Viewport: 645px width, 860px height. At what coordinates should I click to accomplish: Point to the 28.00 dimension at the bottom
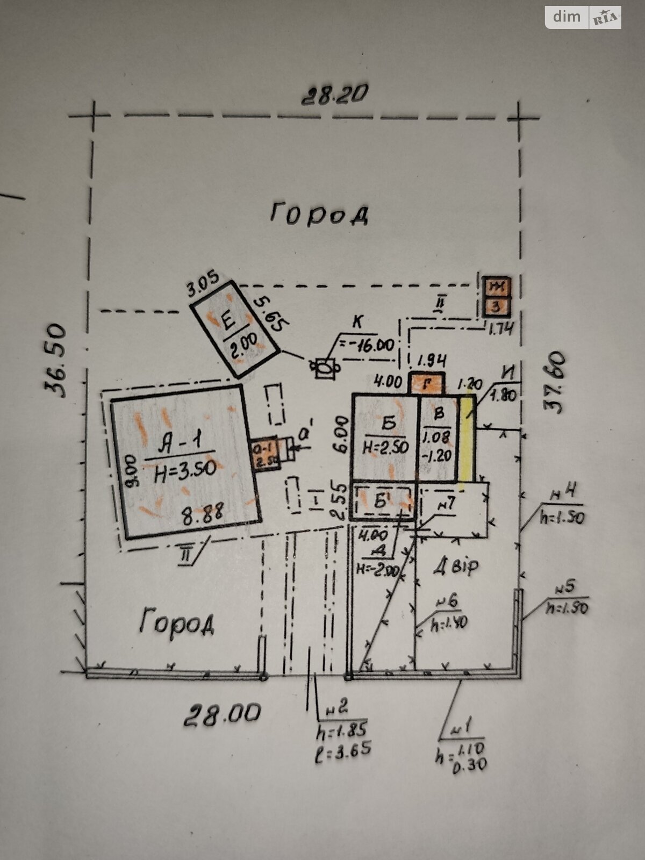(x=223, y=714)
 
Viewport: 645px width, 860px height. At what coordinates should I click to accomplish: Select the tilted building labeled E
(x=235, y=329)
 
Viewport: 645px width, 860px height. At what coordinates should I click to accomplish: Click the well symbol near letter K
(x=324, y=368)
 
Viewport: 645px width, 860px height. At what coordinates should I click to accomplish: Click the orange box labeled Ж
(x=497, y=288)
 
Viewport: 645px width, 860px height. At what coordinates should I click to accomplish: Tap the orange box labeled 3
(x=497, y=307)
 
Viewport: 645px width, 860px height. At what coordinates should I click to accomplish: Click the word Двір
(x=456, y=566)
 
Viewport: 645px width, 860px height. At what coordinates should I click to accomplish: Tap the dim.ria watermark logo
(x=583, y=17)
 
